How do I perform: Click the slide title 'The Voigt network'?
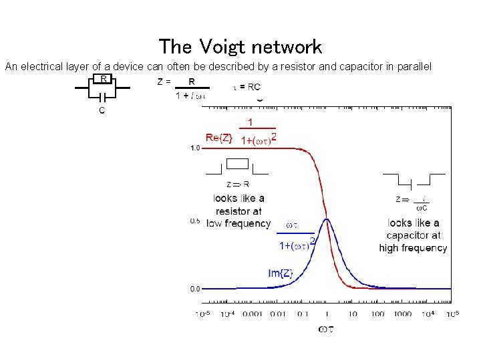[x=240, y=47]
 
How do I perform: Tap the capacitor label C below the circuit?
[x=102, y=110]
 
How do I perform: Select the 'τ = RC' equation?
[x=247, y=87]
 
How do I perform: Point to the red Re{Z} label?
[x=219, y=138]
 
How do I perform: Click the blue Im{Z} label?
[x=281, y=273]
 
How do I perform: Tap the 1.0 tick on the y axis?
[x=194, y=148]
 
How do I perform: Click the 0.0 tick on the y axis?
[x=194, y=289]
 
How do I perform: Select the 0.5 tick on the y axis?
[x=194, y=221]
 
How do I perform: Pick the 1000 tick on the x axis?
[x=404, y=314]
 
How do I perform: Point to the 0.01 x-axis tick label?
[x=279, y=314]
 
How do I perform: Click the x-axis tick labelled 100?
[x=377, y=314]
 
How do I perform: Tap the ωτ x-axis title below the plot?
[x=327, y=328]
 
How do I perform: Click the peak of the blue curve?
[x=327, y=219]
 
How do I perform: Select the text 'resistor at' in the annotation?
[x=238, y=211]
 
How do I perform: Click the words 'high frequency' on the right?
[x=413, y=248]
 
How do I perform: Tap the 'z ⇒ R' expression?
[x=238, y=185]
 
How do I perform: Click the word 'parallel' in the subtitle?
[x=415, y=67]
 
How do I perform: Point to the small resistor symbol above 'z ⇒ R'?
[x=238, y=164]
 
